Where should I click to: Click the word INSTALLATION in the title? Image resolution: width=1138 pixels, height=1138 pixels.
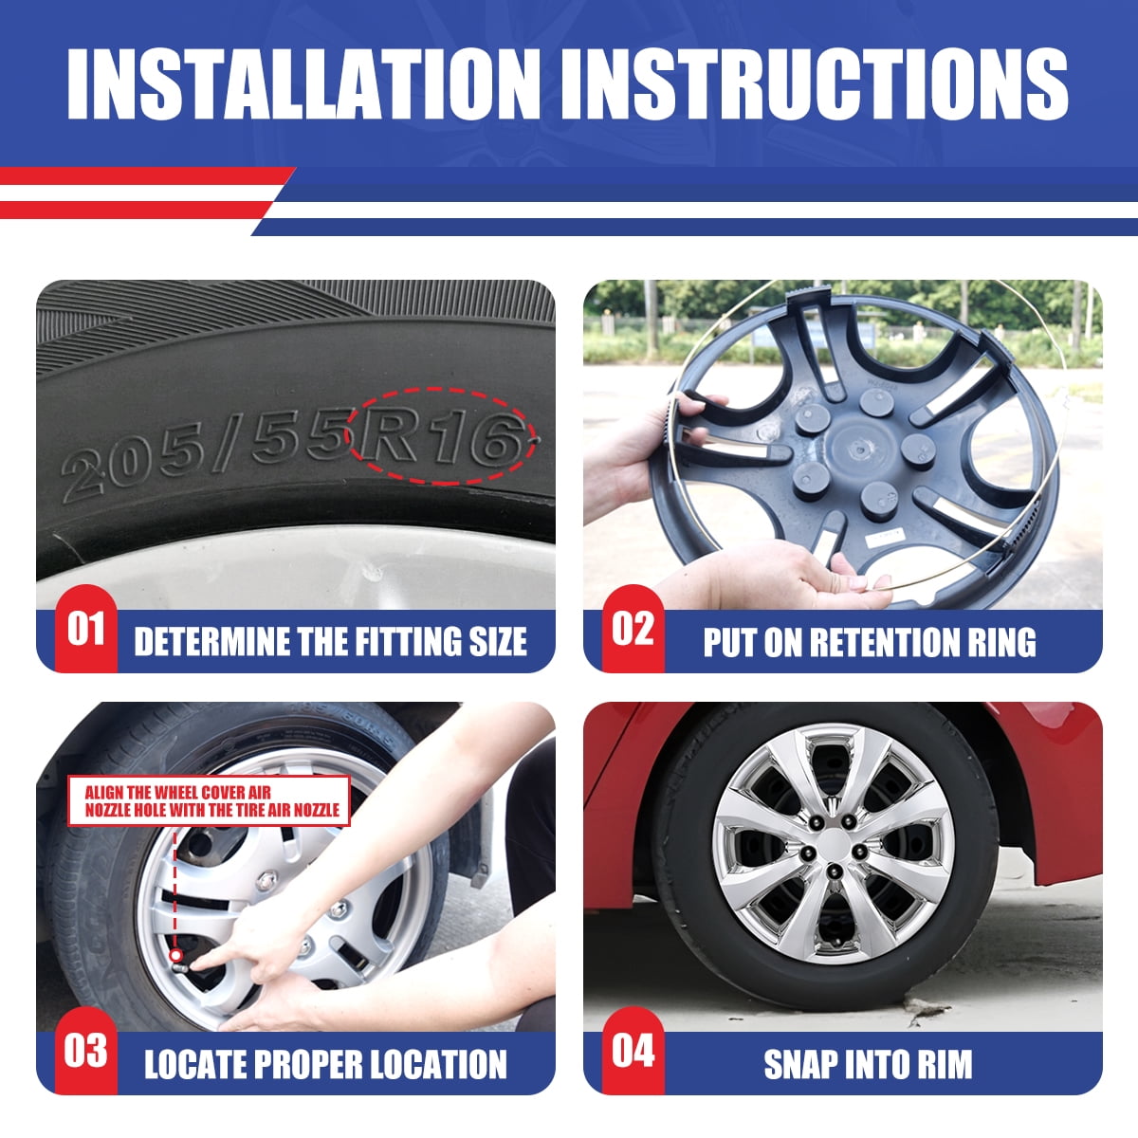(x=303, y=83)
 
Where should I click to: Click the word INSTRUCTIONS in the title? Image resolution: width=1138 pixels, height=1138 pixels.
(x=815, y=83)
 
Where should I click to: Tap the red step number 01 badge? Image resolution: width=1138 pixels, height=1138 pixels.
(x=85, y=629)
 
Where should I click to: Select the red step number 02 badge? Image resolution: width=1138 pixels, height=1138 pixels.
(x=633, y=629)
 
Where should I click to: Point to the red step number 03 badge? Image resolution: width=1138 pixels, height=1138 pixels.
(x=85, y=1051)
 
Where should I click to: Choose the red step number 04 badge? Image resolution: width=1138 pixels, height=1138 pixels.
(x=633, y=1051)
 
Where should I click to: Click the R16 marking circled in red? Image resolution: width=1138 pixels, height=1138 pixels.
(x=442, y=436)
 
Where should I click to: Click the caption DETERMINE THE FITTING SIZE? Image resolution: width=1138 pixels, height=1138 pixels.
(x=330, y=642)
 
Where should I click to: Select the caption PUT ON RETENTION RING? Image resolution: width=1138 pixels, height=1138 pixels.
(x=870, y=642)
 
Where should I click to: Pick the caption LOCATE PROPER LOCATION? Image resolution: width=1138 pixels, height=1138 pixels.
(x=325, y=1064)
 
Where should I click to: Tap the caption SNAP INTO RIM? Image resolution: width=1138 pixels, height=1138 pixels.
(x=868, y=1064)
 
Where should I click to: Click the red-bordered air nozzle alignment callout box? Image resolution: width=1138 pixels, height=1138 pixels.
(x=209, y=800)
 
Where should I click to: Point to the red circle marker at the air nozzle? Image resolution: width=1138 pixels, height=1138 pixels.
(x=175, y=955)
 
